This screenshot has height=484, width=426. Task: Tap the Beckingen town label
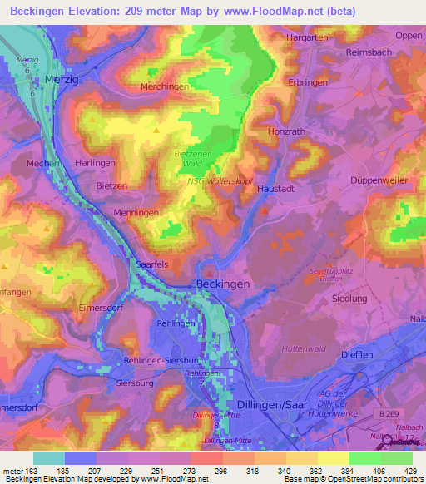223,284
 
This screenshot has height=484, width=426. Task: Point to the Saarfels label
152,263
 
